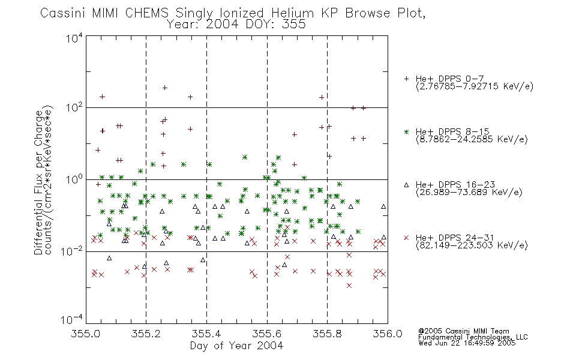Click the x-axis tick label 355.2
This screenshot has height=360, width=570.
pyautogui.click(x=146, y=334)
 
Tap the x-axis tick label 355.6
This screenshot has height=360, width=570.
pyautogui.click(x=267, y=334)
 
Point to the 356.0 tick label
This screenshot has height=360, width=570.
pyautogui.click(x=388, y=334)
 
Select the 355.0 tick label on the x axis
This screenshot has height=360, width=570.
pyautogui.click(x=85, y=334)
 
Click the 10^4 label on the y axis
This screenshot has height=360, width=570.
pyautogui.click(x=74, y=37)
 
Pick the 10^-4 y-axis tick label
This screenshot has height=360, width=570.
pyautogui.click(x=72, y=319)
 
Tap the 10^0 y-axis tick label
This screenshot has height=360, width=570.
pyautogui.click(x=74, y=179)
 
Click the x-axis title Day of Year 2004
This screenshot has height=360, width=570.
pyautogui.click(x=236, y=346)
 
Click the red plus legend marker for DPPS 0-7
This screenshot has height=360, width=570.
pyautogui.click(x=406, y=79)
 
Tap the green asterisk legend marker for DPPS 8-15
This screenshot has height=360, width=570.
pyautogui.click(x=406, y=132)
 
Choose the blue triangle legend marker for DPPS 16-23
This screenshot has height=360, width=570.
pyautogui.click(x=406, y=185)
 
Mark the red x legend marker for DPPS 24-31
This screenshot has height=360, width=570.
pyautogui.click(x=406, y=238)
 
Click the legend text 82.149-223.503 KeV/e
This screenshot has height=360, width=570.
pyautogui.click(x=472, y=245)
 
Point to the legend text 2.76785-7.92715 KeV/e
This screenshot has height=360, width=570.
pyautogui.click(x=475, y=86)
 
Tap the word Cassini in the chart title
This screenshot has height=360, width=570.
pyautogui.click(x=62, y=13)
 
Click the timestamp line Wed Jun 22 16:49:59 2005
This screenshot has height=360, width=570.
pyautogui.click(x=467, y=343)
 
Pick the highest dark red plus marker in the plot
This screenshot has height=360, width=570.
pyautogui.click(x=164, y=88)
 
